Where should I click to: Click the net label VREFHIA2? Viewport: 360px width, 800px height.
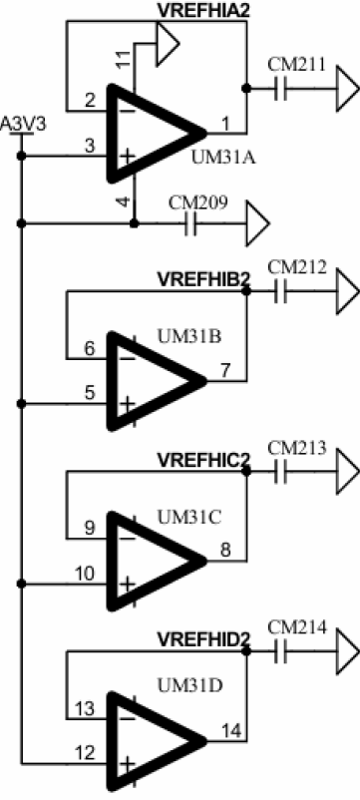[x=203, y=10]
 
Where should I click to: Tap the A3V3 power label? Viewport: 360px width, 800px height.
[x=22, y=125]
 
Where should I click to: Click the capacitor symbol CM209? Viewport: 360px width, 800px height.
[x=190, y=224]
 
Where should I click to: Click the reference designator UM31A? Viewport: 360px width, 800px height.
[x=223, y=158]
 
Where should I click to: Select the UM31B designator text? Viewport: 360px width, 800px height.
[x=189, y=337]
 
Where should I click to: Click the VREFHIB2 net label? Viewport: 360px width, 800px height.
[x=203, y=280]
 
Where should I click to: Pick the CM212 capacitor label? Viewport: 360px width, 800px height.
[x=296, y=267]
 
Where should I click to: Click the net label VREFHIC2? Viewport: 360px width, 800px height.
[x=203, y=460]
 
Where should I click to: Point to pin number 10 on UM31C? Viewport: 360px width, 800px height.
[x=84, y=574]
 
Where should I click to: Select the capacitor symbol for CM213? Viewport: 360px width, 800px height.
[x=281, y=473]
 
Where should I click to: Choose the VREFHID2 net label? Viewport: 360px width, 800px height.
[x=203, y=639]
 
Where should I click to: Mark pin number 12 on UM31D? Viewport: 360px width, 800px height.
[x=85, y=752]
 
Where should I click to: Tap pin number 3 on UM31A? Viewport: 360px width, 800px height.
[x=90, y=146]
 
